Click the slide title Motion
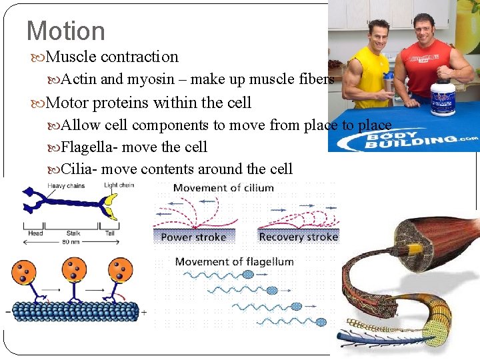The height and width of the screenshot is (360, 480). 65,31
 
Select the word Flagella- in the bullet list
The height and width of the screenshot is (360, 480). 88,147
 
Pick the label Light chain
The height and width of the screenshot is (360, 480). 119,185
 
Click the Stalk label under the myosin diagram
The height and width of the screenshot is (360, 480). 73,233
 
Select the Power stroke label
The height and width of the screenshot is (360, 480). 194,237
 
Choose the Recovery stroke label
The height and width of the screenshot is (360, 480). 298,237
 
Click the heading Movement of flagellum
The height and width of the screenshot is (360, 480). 234,261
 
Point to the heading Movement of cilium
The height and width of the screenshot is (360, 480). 223,188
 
